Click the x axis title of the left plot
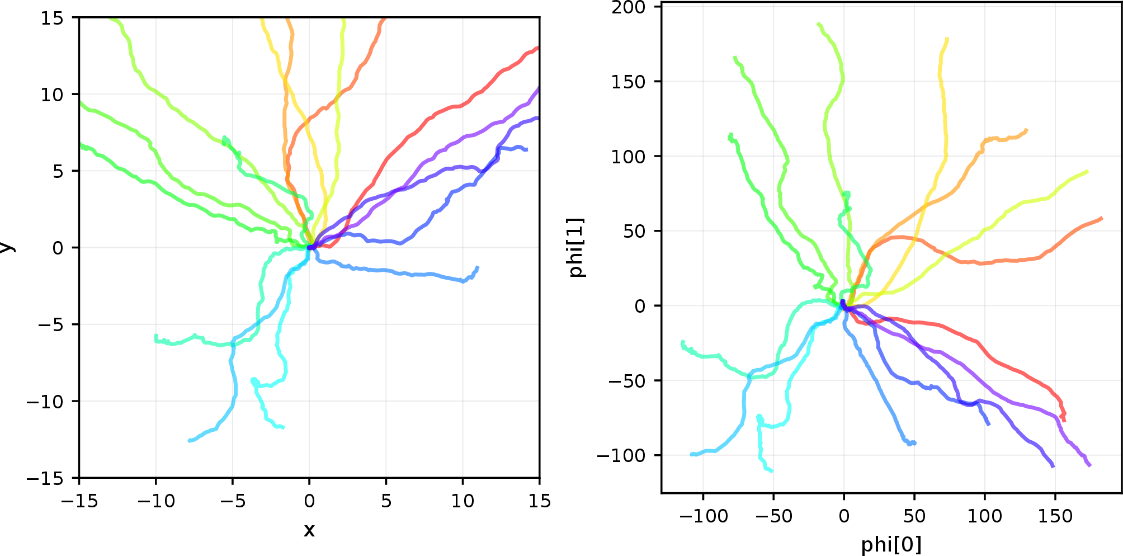click(x=309, y=530)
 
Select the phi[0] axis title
click(x=891, y=544)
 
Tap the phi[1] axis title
click(x=577, y=247)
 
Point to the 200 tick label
click(x=629, y=7)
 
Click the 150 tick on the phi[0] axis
click(x=1055, y=516)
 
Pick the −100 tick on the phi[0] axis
click(x=703, y=516)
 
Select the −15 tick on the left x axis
click(x=79, y=501)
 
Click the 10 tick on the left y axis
click(x=52, y=95)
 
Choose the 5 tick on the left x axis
click(x=386, y=501)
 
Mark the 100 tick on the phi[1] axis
click(x=629, y=157)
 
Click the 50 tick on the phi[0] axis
click(x=914, y=516)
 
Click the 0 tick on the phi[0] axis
click(x=844, y=516)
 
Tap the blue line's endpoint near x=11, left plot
click(x=478, y=267)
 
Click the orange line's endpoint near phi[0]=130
click(x=1027, y=130)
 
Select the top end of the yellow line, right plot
click(x=947, y=39)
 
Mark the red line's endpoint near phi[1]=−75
click(x=1063, y=420)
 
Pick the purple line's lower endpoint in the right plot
click(x=1089, y=465)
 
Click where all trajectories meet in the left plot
click(x=310, y=247)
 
